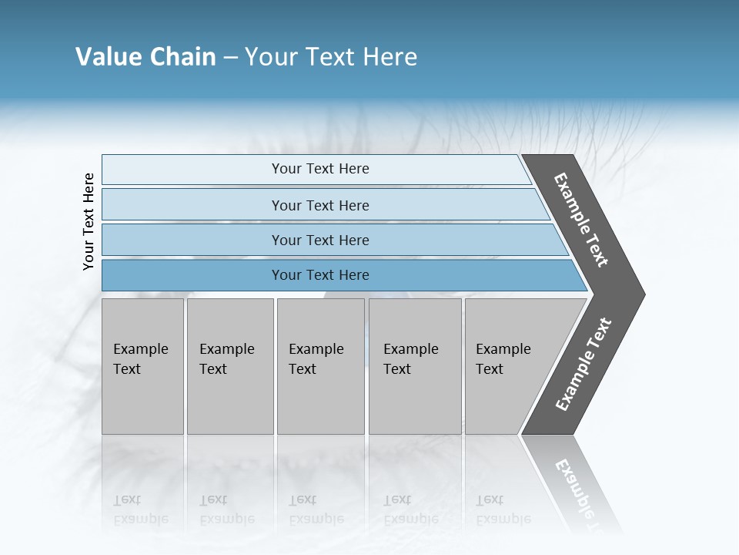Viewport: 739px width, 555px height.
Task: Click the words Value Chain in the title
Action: [145, 57]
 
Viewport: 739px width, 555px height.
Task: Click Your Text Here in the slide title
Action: [331, 57]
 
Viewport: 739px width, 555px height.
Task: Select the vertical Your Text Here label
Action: [89, 221]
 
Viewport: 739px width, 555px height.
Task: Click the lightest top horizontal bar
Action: [319, 169]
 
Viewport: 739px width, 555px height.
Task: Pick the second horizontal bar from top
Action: [319, 205]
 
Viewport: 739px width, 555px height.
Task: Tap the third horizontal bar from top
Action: [319, 240]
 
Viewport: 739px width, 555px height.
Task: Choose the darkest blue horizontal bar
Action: [319, 275]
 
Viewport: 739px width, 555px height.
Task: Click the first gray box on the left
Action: [142, 366]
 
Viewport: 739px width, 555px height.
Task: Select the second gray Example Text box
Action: [229, 366]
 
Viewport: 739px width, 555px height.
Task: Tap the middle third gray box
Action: [320, 366]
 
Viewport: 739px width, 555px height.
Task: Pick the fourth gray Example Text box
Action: [415, 366]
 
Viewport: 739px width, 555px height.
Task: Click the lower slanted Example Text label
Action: [584, 365]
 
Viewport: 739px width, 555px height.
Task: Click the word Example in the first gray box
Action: [140, 349]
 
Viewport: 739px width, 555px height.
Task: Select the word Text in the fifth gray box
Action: [489, 369]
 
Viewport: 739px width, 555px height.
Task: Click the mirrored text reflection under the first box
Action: [140, 510]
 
